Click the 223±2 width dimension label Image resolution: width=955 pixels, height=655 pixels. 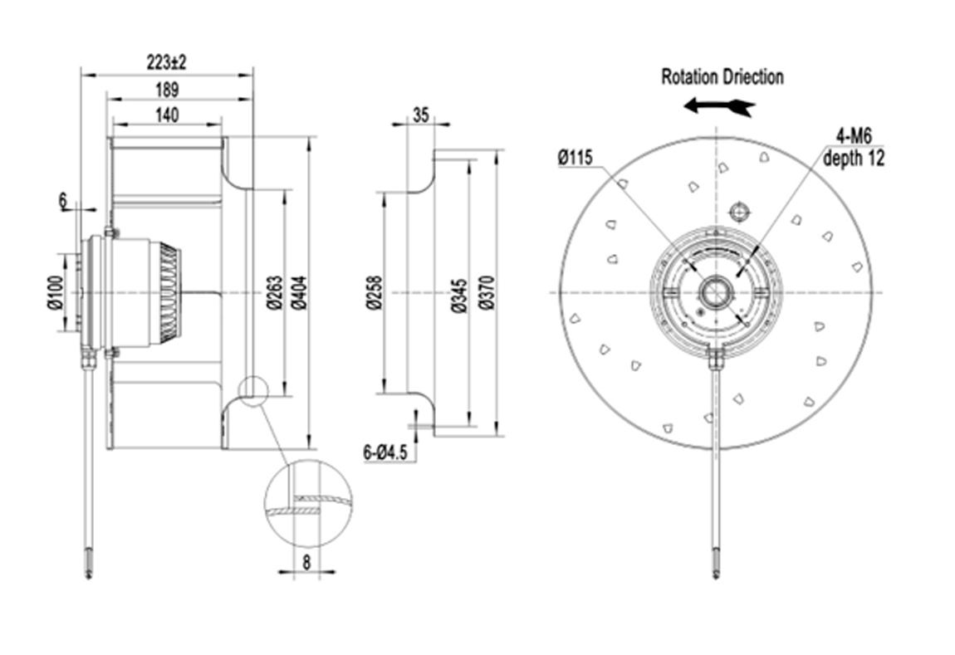(x=166, y=62)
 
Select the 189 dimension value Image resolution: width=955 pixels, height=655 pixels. (x=167, y=90)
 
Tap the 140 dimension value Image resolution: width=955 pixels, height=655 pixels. (x=166, y=115)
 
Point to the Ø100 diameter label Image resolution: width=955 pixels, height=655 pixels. (x=54, y=291)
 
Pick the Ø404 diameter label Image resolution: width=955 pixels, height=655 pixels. (x=297, y=292)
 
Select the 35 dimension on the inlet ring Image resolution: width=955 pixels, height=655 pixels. (x=420, y=115)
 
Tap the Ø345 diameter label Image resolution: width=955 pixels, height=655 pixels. (x=458, y=292)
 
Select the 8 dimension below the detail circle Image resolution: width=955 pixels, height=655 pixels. (x=306, y=561)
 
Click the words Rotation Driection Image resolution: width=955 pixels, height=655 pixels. (x=722, y=77)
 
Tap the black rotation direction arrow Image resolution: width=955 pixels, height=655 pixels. (x=718, y=106)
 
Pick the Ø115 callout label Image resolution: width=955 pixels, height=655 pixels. (x=575, y=156)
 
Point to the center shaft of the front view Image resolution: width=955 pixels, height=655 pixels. (x=713, y=291)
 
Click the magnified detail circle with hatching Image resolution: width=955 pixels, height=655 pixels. (x=307, y=502)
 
